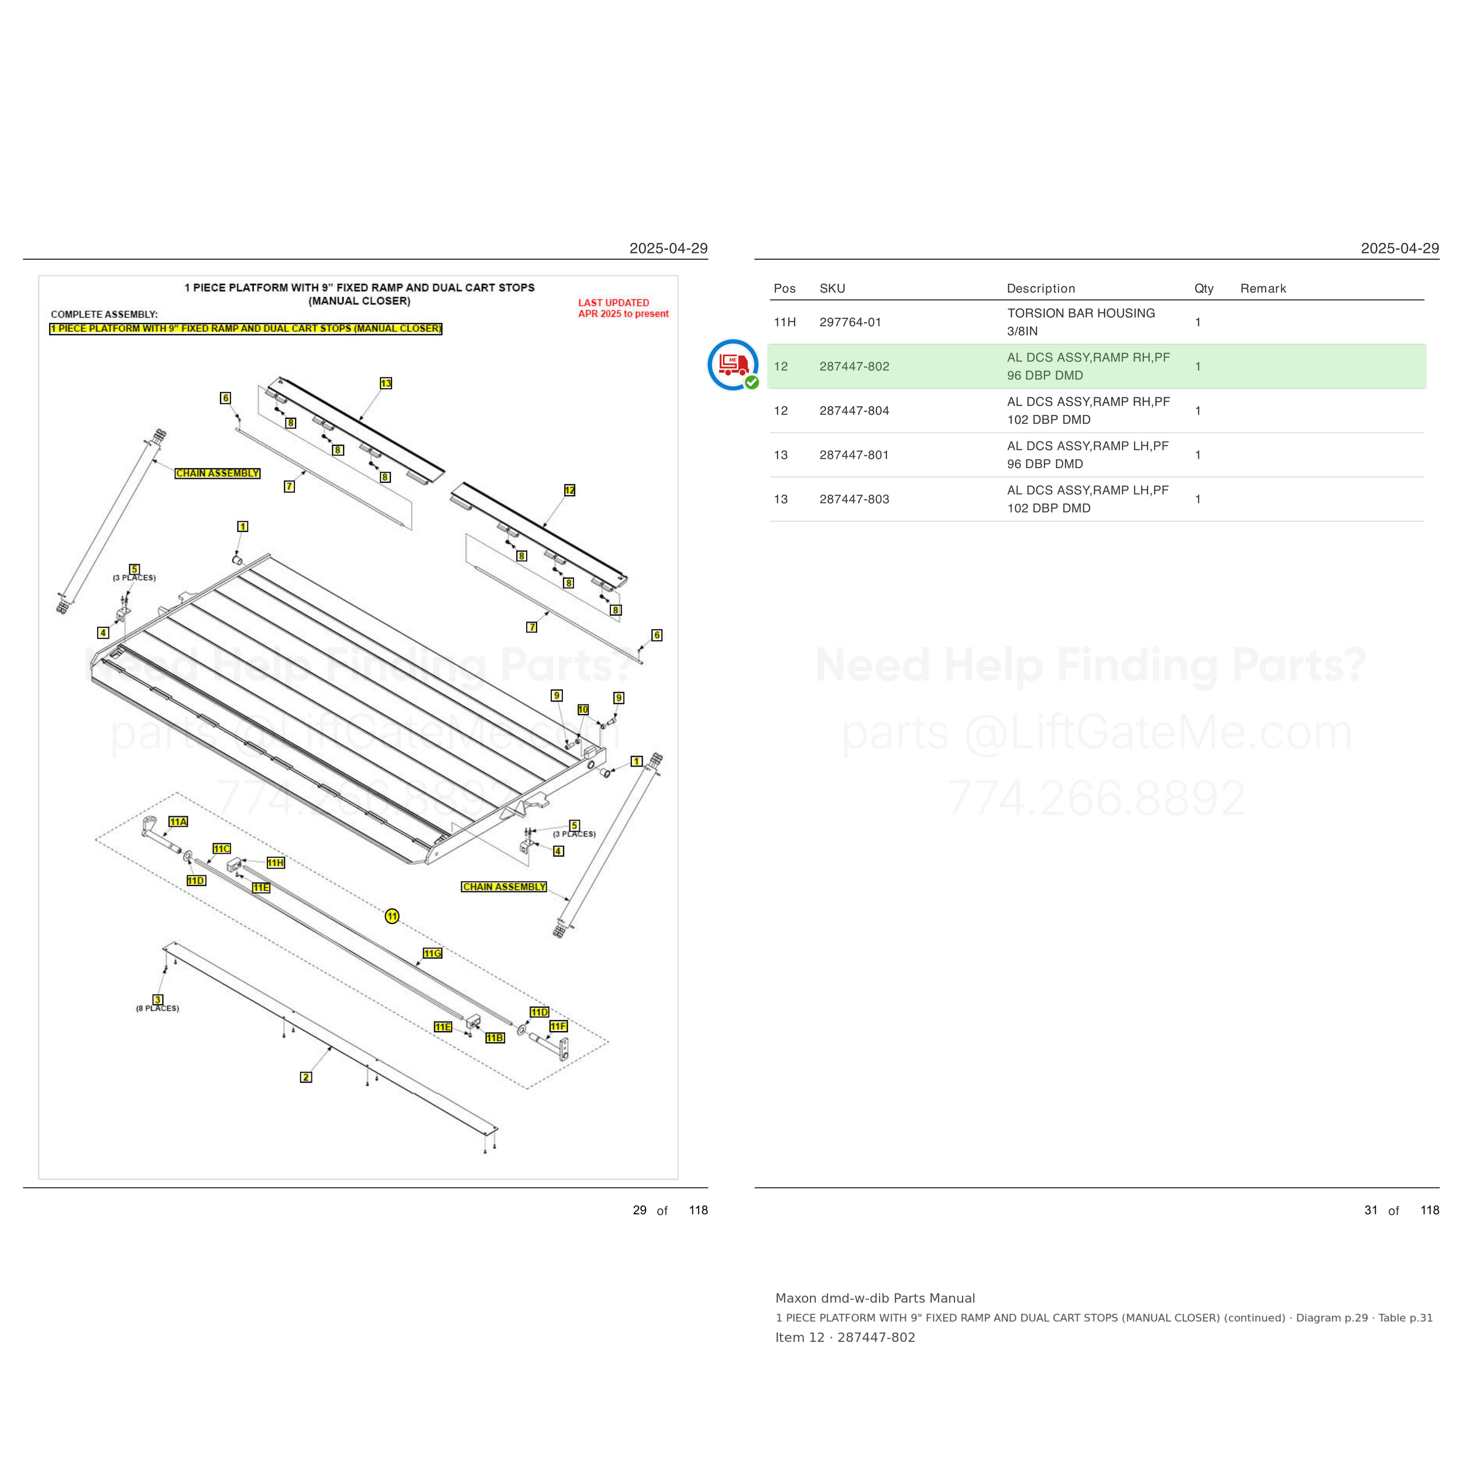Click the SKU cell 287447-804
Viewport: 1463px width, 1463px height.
point(854,410)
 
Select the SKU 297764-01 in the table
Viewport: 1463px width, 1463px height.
point(850,322)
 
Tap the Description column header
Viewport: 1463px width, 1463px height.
point(1040,289)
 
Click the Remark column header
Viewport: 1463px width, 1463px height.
point(1263,289)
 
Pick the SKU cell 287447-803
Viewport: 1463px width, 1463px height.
point(854,499)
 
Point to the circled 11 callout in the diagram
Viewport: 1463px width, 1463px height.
point(392,916)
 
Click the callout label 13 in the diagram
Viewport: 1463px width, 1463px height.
point(386,383)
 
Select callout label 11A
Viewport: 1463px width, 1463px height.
point(178,822)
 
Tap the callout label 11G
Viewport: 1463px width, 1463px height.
point(432,953)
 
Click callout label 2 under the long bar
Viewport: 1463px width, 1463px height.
point(306,1077)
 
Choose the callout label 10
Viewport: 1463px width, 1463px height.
point(583,709)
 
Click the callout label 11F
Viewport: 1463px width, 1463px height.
point(558,1026)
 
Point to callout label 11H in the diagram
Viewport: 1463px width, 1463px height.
point(276,863)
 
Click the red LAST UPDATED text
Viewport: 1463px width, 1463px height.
point(613,303)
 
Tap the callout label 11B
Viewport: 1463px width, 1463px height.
point(494,1038)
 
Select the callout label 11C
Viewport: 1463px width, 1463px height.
point(222,849)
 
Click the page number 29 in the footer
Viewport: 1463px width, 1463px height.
point(640,1210)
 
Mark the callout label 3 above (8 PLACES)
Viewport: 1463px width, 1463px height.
point(157,1000)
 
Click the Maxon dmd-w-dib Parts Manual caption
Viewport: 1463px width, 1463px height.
point(875,1298)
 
